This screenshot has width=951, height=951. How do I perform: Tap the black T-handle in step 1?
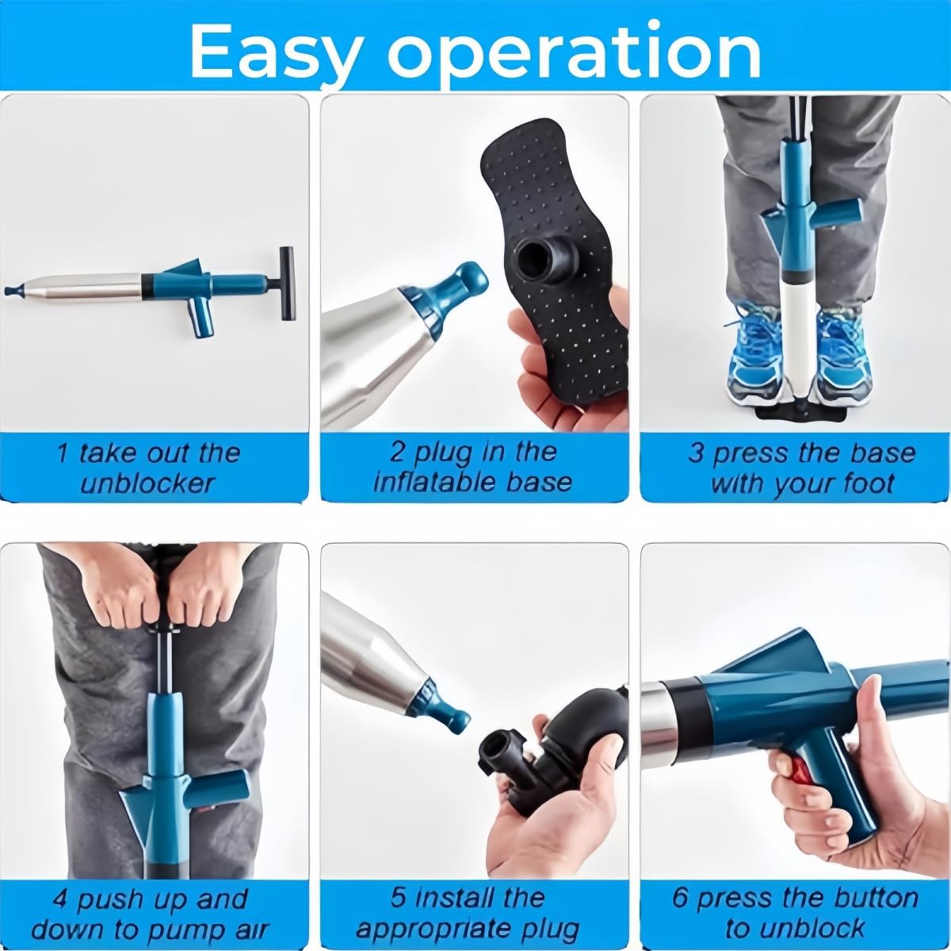[x=287, y=283]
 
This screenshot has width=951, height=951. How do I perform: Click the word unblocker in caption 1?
[x=147, y=484]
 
